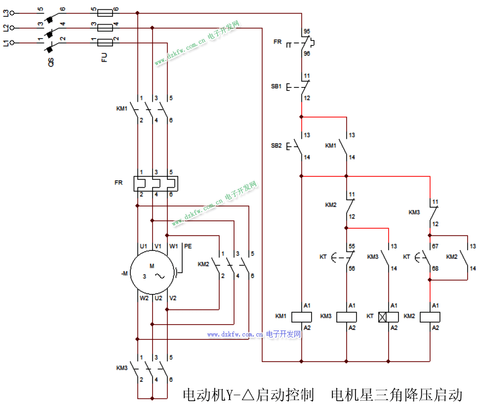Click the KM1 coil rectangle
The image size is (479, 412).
301,317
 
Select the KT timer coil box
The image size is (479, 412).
389,317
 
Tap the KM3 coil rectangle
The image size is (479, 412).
347,317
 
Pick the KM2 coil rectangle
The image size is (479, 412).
430,317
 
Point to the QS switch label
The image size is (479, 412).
50,61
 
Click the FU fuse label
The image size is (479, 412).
105,58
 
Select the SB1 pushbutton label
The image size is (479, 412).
276,86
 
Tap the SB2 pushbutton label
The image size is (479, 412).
276,146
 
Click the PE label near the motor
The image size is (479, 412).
188,246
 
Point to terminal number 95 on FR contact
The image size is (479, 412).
307,31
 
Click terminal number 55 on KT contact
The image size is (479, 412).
352,246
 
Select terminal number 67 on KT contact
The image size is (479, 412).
435,246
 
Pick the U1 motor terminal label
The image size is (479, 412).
144,246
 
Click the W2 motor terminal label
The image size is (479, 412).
144,298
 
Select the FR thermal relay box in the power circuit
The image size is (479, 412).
155,183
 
